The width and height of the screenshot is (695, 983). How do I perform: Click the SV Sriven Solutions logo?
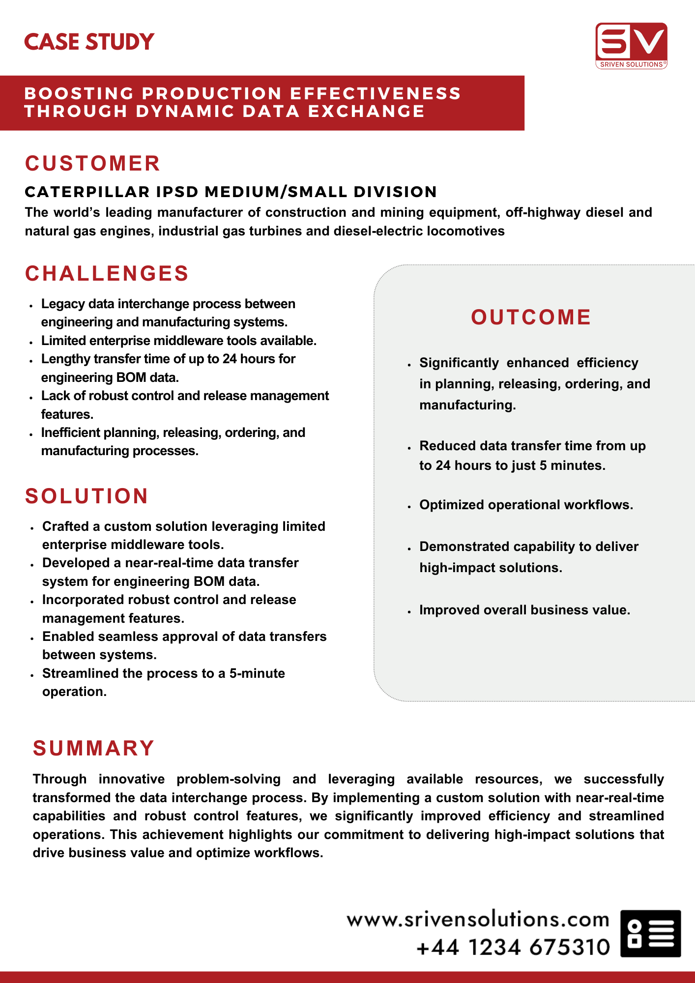(x=631, y=45)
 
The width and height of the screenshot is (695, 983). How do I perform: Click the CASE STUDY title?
(x=89, y=42)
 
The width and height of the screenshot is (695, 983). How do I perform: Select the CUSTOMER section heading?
(x=92, y=164)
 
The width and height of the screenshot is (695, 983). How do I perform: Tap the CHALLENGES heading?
(x=107, y=274)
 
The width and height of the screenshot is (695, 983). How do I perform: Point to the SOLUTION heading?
(x=87, y=496)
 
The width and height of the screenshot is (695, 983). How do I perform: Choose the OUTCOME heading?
(x=531, y=318)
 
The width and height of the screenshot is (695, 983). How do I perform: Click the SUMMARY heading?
(x=93, y=749)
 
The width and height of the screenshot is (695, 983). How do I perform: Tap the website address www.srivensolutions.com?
(x=478, y=920)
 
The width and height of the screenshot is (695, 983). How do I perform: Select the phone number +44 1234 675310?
(x=513, y=947)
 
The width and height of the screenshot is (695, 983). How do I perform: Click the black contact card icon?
(x=650, y=933)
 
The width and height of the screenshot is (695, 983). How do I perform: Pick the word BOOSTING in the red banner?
(x=79, y=93)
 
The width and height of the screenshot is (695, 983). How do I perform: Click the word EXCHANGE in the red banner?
(x=366, y=112)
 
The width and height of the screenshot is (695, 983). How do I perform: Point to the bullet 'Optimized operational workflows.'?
(x=526, y=505)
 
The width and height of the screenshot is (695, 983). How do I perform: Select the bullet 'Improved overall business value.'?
(x=524, y=610)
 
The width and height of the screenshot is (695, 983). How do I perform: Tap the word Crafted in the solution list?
(x=65, y=526)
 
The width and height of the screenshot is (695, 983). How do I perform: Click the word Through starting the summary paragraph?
(x=59, y=779)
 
